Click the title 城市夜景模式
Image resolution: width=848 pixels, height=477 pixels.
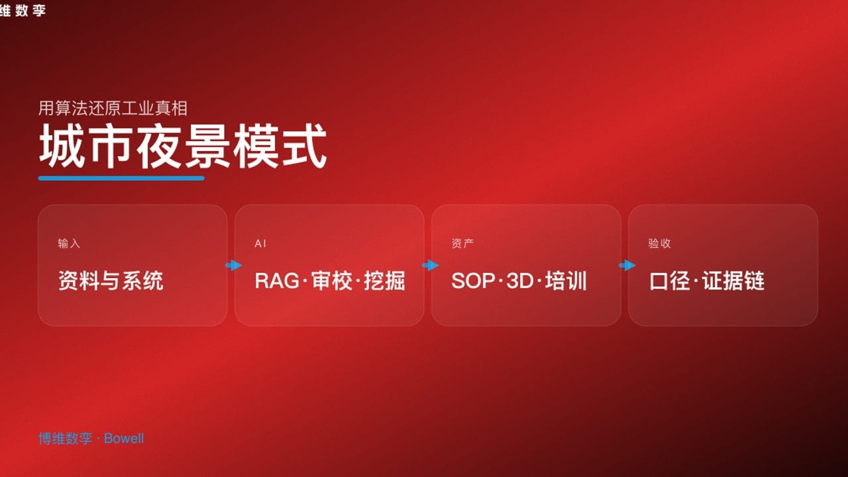(182, 146)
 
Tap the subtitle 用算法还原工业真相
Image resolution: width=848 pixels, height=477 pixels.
(113, 108)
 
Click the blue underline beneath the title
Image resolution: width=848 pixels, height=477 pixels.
(121, 178)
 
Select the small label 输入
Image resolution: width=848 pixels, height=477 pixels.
(69, 243)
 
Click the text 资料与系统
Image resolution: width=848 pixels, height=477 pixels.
(111, 280)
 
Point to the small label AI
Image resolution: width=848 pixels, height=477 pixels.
(260, 243)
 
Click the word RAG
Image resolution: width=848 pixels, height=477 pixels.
(277, 281)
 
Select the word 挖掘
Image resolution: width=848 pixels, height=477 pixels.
(385, 280)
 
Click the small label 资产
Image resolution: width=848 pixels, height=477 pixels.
(462, 243)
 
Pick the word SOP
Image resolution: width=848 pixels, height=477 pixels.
(473, 281)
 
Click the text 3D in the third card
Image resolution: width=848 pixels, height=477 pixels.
(520, 281)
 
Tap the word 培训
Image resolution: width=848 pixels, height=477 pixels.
(566, 280)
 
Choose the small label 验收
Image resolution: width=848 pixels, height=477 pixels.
(659, 243)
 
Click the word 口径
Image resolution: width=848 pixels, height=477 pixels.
(669, 281)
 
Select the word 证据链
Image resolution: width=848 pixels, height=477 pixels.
(733, 281)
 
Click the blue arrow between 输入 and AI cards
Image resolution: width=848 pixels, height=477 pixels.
(234, 266)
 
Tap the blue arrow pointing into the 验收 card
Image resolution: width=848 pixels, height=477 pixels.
(627, 266)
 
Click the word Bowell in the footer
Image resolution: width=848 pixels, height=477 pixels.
(124, 439)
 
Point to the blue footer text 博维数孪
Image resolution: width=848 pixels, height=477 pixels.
(65, 439)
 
